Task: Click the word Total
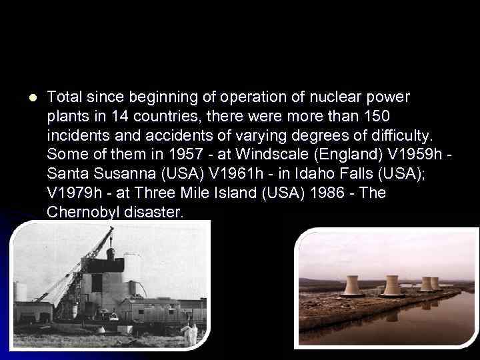point(63,97)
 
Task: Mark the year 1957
point(183,155)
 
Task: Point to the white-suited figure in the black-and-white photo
point(192,331)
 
